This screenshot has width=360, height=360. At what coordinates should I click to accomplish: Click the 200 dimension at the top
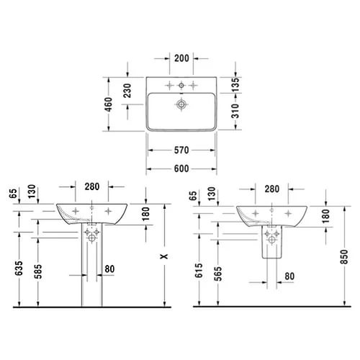[x=181, y=58]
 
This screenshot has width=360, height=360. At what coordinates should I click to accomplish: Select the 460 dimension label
[x=109, y=104]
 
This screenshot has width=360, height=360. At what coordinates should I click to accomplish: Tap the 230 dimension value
[x=127, y=91]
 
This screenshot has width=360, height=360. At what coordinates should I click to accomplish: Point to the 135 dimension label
[x=235, y=84]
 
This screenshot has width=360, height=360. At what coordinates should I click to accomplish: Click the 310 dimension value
[x=235, y=111]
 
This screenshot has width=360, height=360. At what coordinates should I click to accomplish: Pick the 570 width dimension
[x=181, y=150]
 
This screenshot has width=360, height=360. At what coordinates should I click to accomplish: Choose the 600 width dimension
[x=181, y=168]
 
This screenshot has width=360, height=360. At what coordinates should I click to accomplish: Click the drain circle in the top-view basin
[x=181, y=104]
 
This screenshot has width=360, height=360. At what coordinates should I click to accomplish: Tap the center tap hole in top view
[x=181, y=85]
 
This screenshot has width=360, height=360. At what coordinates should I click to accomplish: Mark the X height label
[x=164, y=256]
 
